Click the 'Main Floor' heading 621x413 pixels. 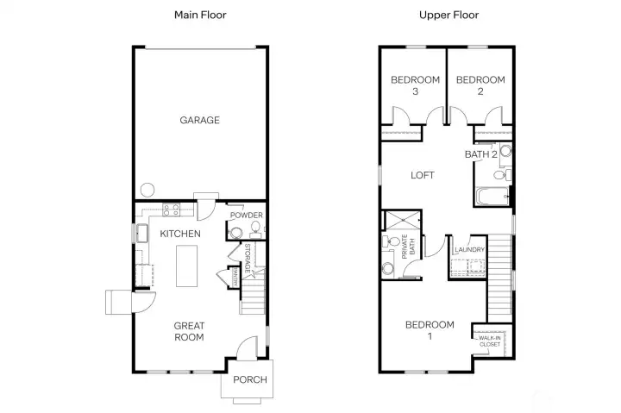click(x=200, y=15)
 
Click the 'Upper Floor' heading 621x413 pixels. click(x=448, y=15)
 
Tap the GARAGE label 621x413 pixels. click(x=199, y=121)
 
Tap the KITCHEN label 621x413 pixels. click(x=180, y=234)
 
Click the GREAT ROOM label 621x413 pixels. click(x=189, y=331)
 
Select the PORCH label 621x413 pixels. click(x=250, y=380)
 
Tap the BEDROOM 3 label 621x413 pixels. click(x=415, y=85)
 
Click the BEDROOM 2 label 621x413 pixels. click(x=480, y=85)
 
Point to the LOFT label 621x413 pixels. click(x=422, y=175)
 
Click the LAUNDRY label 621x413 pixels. click(x=470, y=250)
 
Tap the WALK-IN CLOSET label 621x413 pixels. click(x=489, y=341)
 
